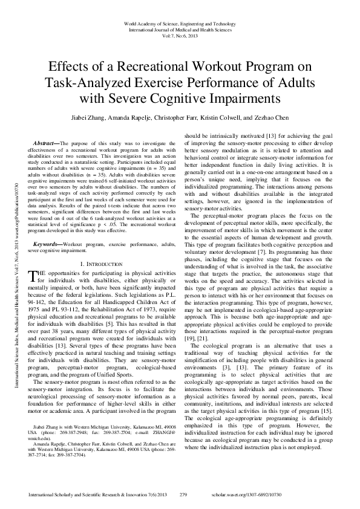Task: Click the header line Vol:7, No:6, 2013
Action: [x=180, y=34]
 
